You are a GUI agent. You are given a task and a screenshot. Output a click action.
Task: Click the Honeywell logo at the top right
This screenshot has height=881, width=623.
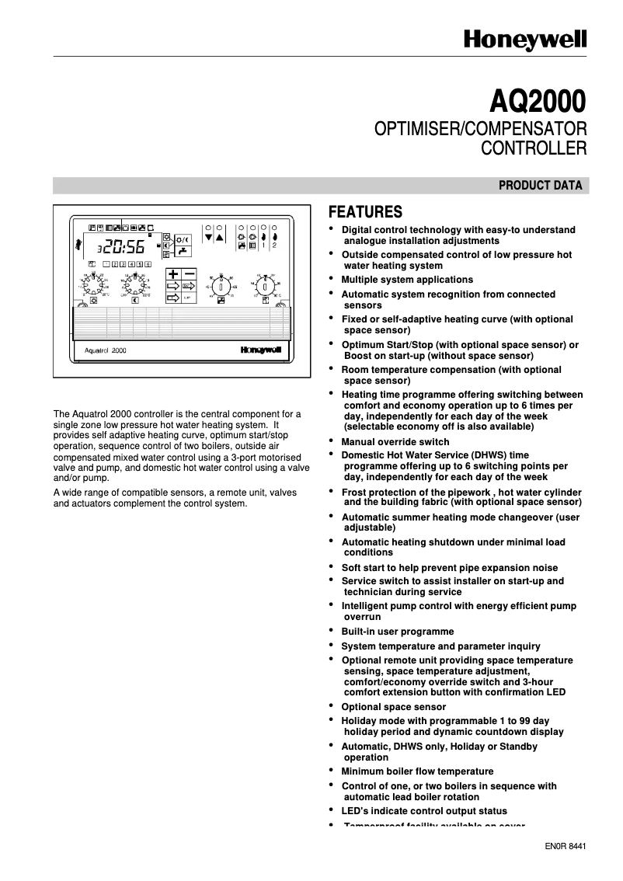coord(525,40)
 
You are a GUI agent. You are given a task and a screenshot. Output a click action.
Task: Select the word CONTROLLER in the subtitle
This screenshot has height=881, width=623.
coord(534,146)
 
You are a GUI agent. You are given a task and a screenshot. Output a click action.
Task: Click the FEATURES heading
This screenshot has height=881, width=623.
coord(365,212)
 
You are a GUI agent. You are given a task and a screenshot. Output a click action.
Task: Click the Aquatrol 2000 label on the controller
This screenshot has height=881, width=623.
coord(105,350)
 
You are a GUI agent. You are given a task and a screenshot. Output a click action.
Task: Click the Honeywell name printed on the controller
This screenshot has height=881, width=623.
coord(260,350)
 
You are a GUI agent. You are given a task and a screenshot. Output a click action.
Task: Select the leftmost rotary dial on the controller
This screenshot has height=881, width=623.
coord(92,286)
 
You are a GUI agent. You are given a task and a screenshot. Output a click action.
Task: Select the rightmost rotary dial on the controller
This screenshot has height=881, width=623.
coord(266,286)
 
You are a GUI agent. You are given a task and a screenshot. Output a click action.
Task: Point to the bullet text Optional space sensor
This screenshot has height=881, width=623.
coord(394,707)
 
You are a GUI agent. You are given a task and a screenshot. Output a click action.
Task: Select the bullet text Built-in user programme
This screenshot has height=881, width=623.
coord(398,632)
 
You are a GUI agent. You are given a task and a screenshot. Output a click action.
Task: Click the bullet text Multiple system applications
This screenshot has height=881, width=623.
coord(407,280)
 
